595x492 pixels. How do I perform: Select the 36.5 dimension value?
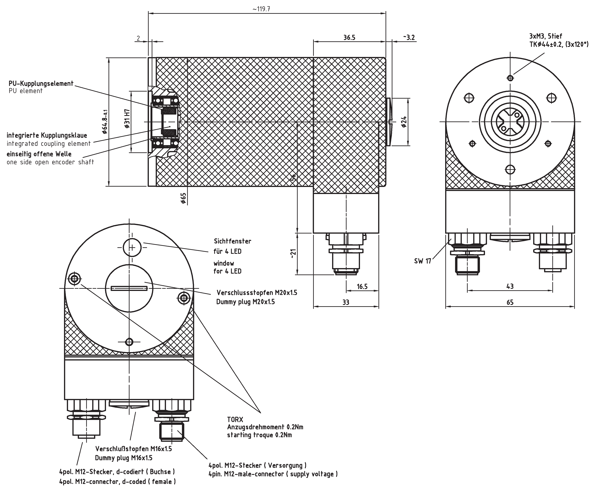click(x=349, y=38)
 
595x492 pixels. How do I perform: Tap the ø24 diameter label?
click(x=404, y=122)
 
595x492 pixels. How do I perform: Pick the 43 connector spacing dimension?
click(x=510, y=286)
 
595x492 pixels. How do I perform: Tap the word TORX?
click(x=235, y=419)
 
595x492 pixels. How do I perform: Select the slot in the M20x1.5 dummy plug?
click(x=129, y=288)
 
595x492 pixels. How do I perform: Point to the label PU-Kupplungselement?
click(x=41, y=83)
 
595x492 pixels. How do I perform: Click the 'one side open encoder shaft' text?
click(x=50, y=162)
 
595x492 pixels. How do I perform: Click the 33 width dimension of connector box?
click(x=346, y=303)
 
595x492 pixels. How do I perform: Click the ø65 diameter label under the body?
click(x=183, y=198)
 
